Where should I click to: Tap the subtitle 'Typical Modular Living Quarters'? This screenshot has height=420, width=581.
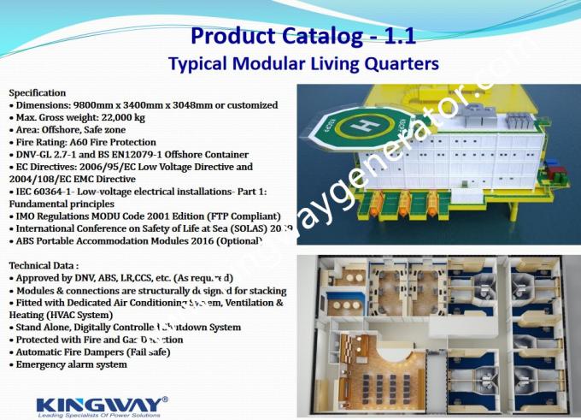303,63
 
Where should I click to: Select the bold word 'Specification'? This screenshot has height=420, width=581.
37,92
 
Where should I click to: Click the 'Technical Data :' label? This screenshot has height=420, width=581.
43,266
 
